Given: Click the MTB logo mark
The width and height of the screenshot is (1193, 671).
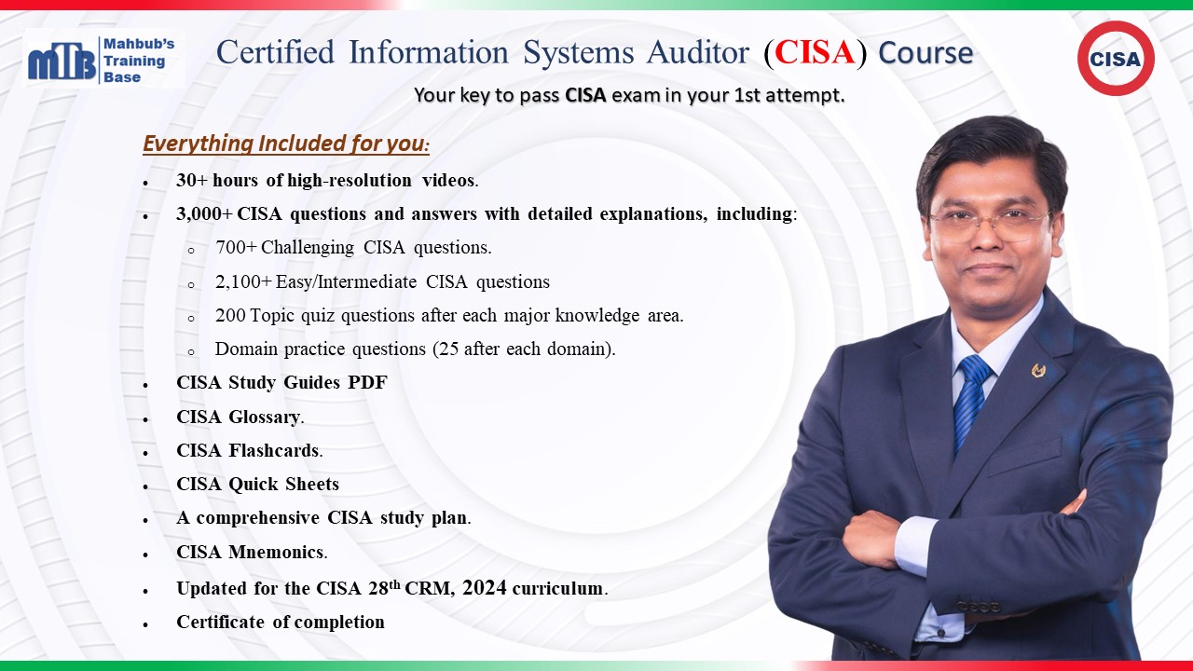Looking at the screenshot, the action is [62, 61].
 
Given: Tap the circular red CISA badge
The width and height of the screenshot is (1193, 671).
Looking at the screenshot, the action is [1116, 58].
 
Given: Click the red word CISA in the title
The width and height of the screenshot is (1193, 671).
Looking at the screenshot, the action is [815, 52].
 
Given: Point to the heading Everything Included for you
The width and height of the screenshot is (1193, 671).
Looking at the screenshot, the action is [286, 144].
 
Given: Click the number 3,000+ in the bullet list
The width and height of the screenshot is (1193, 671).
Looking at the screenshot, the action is [204, 214].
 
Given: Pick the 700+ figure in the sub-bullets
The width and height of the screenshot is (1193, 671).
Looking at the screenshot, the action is [236, 248].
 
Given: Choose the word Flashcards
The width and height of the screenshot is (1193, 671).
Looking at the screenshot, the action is [274, 450].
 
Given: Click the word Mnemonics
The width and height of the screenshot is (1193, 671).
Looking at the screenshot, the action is [276, 553].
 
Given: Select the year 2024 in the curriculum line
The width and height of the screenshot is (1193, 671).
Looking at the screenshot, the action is [485, 587].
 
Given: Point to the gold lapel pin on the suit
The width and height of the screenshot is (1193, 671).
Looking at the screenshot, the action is [1038, 370].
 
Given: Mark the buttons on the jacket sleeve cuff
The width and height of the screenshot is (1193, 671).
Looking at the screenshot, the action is [979, 607].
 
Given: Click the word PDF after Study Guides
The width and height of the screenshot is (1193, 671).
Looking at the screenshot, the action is [367, 383].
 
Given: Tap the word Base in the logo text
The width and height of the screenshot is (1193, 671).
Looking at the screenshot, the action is [122, 77].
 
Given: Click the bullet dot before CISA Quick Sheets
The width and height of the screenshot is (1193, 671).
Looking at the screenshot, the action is [145, 486].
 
